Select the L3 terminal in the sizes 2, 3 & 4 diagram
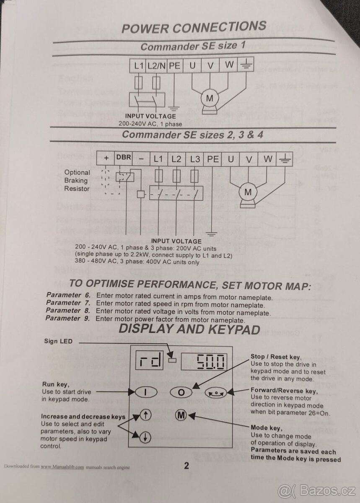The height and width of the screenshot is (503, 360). click(x=195, y=159)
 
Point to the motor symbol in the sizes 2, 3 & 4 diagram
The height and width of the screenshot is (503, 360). click(x=248, y=192)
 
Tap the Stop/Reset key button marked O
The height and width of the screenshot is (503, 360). click(x=181, y=392)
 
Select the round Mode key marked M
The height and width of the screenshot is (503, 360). click(x=181, y=415)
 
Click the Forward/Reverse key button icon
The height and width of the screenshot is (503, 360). click(x=216, y=393)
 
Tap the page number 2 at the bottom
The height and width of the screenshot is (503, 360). click(x=186, y=466)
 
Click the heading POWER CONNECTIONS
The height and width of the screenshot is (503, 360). click(x=193, y=28)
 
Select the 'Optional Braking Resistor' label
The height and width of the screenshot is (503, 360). click(x=77, y=180)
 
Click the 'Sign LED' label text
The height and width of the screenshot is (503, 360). click(x=58, y=341)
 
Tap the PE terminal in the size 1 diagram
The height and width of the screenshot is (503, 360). click(x=175, y=66)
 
